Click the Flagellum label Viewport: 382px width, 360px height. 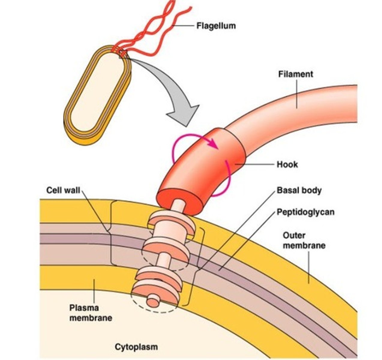pos(216,26)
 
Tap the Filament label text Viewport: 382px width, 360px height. pos(296,74)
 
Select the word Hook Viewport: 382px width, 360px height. pos(287,164)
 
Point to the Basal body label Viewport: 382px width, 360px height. pos(299,190)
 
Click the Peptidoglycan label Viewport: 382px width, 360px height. pos(305,212)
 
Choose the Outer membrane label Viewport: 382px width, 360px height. pos(304,240)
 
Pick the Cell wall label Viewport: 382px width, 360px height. pos(63,190)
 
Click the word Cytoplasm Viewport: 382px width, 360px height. pos(136,347)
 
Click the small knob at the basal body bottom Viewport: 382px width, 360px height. pos(154,301)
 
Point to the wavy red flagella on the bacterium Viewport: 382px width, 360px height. pos(156,33)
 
